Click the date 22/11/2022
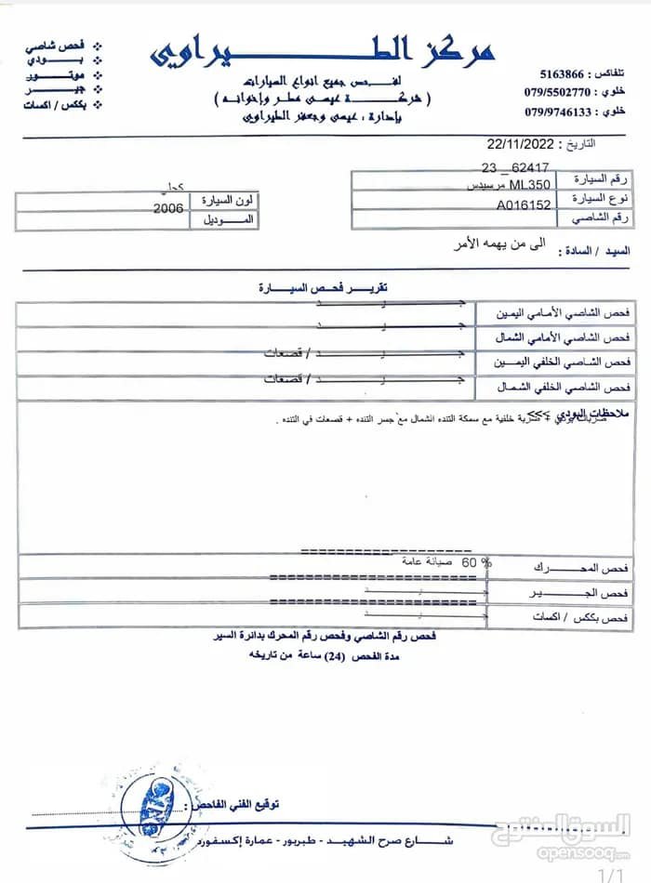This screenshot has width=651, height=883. click(520, 145)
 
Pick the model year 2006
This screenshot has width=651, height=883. click(167, 209)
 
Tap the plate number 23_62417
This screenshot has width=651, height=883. click(515, 168)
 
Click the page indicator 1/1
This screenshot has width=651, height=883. click(609, 874)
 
